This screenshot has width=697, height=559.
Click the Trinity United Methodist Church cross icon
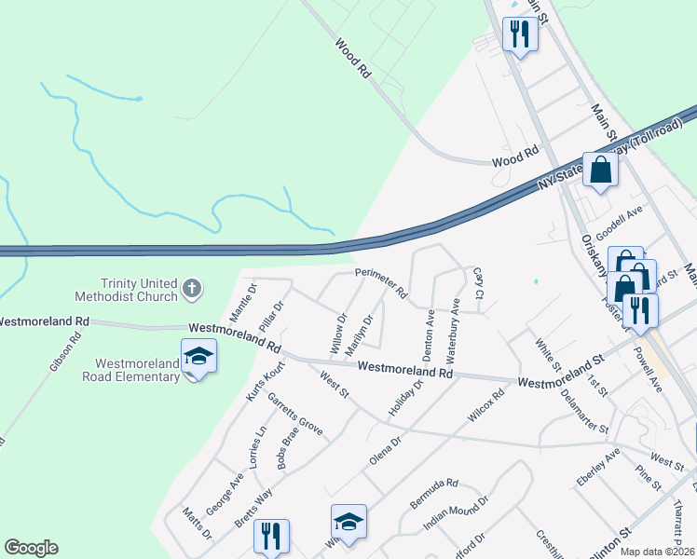pos(191,288)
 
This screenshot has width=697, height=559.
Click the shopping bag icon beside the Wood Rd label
pos(601,170)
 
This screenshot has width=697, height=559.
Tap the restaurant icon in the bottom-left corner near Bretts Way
pos(271,536)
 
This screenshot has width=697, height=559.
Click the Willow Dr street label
pos(339,333)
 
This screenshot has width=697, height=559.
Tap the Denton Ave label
pos(430,335)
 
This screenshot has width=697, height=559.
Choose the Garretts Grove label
pos(294,416)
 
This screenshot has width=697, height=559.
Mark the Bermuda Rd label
pos(434,494)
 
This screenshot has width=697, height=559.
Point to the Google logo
pos(31,548)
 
